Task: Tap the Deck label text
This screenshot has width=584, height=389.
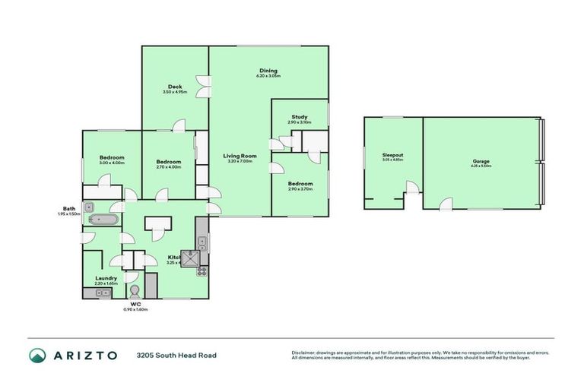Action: [174, 87]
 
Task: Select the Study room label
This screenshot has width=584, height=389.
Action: [299, 117]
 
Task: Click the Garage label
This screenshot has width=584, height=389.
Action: [480, 161]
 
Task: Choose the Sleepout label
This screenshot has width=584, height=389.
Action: [392, 155]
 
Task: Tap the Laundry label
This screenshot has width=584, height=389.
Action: [106, 278]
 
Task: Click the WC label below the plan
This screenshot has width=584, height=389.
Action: [135, 304]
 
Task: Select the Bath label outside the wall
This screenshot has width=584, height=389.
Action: [68, 209]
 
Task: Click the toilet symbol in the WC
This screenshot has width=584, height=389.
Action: [135, 291]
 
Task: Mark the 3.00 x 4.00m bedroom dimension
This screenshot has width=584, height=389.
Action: [111, 163]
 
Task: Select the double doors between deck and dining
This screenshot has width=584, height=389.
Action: [202, 85]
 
